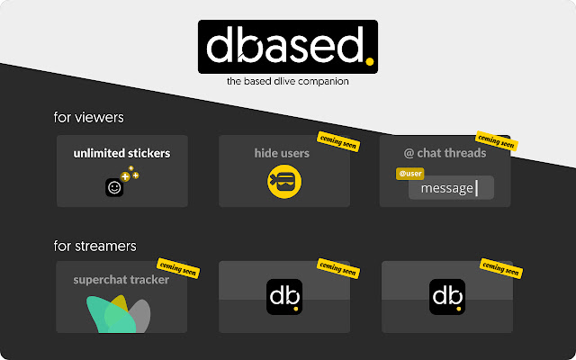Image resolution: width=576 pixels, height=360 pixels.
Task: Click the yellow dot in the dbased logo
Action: [x=369, y=61]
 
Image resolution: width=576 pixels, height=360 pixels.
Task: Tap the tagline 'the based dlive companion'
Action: [x=288, y=82]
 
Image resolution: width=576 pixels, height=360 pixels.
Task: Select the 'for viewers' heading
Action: [x=88, y=117]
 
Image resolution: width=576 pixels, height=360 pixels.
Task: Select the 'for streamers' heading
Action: [x=94, y=245]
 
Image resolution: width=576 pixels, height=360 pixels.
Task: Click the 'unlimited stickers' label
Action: [x=121, y=153]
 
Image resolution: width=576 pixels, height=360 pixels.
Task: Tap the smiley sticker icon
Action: [x=114, y=188]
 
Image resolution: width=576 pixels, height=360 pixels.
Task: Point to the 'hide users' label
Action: [x=282, y=153]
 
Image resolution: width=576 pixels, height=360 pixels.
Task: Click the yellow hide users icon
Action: [x=284, y=182]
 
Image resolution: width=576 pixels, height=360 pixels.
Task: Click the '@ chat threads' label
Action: [x=445, y=153]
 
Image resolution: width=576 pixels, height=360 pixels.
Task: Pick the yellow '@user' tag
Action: [x=409, y=173]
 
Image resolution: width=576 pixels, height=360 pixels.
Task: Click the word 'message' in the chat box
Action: [x=447, y=188]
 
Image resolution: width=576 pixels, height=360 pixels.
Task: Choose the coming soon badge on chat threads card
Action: [x=495, y=141]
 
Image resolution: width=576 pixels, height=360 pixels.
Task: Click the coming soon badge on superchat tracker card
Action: [x=176, y=266]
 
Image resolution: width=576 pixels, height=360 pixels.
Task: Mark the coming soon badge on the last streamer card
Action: [x=499, y=266]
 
